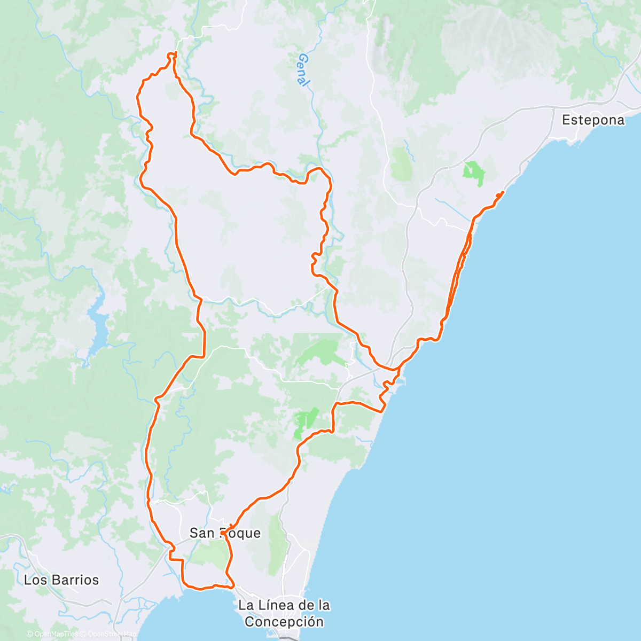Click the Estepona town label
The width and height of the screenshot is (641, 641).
click(593, 120)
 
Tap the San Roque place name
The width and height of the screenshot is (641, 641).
click(225, 533)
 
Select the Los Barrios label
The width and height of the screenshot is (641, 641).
click(61, 580)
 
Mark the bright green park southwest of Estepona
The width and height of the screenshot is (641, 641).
click(473, 172)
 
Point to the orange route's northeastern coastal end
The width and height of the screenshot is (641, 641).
click(503, 192)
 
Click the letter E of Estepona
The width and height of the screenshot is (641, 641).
click(566, 120)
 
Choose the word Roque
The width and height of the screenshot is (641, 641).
click(243, 533)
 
